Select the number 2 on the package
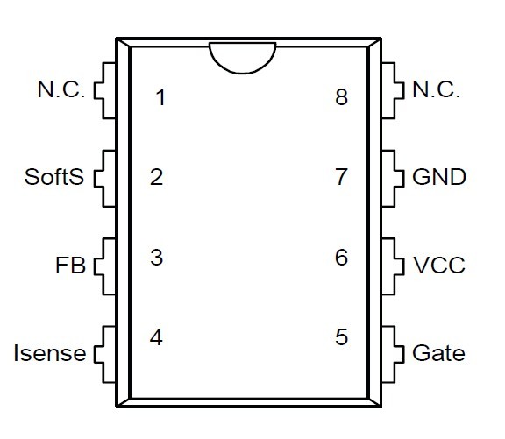point(157,177)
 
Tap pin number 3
point(157,258)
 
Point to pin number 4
point(156,337)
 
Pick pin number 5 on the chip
point(342,337)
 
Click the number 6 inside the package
point(342,257)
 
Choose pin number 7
point(342,177)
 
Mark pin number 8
point(342,97)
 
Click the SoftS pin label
point(54,177)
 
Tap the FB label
point(70,266)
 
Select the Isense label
point(50,353)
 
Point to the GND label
point(439,177)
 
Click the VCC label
point(439,266)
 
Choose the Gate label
point(438,353)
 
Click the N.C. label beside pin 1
point(61,89)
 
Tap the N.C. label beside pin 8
point(436,89)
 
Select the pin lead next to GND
point(394,178)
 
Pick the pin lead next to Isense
point(103,355)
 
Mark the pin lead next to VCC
point(394,266)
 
